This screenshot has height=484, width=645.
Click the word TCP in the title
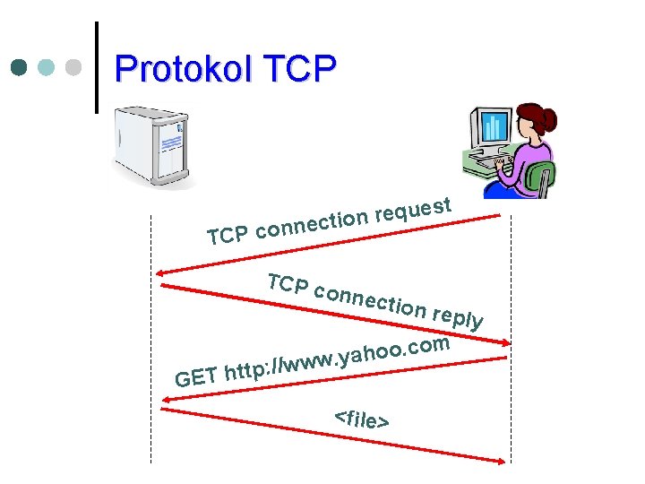tap(297, 68)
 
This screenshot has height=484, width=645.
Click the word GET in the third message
tap(195, 377)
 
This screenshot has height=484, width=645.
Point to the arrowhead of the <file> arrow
tap(505, 462)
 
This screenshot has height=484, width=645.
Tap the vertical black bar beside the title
tap(96, 67)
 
